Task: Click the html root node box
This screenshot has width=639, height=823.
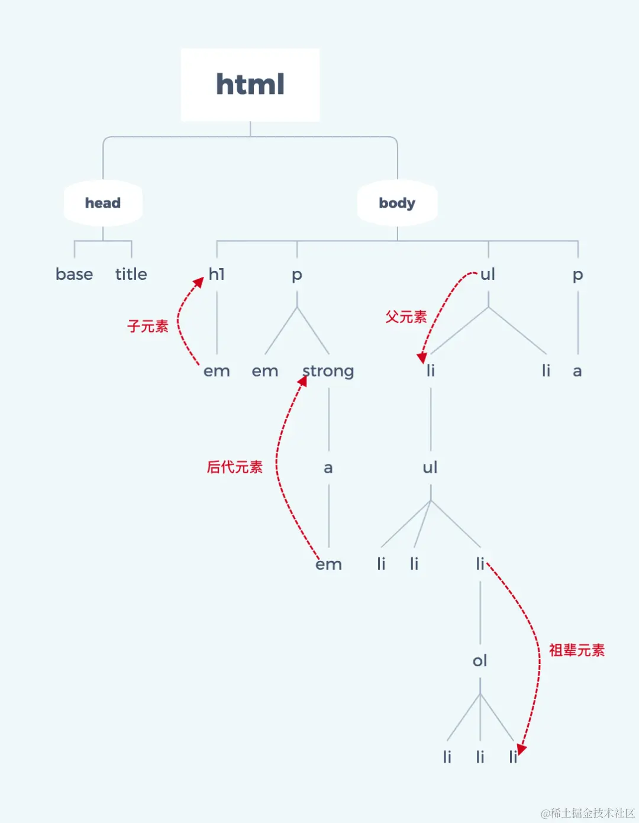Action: coord(250,85)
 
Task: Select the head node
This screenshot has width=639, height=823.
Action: coord(103,203)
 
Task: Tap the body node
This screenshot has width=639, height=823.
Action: coord(397,203)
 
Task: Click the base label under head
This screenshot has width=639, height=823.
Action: coord(74,274)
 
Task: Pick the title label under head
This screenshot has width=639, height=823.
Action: coord(131,274)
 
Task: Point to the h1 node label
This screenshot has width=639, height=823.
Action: coord(217,274)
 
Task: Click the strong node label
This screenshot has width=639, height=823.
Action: coord(328,371)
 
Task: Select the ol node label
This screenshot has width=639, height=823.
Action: coord(480,660)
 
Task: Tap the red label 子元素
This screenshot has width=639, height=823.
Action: coord(148,326)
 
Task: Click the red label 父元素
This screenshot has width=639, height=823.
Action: coord(406,317)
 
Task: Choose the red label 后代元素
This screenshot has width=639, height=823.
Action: coord(234,467)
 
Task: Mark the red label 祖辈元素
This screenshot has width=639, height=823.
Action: coord(576,650)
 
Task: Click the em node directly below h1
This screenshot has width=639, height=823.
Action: coord(217,371)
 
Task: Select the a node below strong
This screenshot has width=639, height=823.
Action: coord(328,468)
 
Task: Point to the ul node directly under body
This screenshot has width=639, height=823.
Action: coord(488,274)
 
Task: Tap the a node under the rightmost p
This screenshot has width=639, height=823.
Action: coord(577,371)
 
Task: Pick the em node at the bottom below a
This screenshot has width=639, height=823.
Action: coord(329,564)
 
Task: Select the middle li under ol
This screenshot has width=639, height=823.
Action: coord(480,757)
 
